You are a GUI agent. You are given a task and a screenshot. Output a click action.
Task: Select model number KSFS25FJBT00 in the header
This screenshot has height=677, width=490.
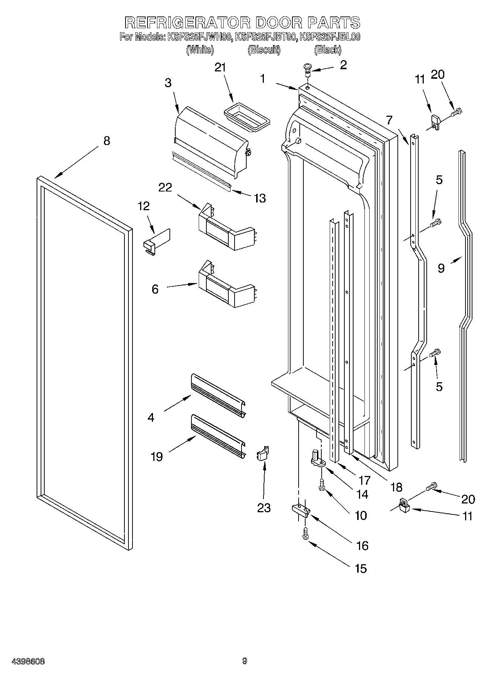(265, 37)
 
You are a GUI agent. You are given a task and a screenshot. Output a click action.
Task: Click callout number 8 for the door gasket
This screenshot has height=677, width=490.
(106, 141)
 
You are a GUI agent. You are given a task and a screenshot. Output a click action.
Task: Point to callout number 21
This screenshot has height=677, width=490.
(220, 67)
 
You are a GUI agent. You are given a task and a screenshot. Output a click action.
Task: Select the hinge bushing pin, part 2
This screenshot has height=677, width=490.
(307, 70)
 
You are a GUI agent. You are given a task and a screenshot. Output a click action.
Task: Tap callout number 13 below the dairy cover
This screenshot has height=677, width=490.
(259, 198)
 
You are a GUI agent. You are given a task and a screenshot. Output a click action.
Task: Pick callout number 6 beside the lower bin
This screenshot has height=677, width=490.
(155, 289)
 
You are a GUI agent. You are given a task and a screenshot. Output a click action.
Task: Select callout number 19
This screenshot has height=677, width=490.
(157, 457)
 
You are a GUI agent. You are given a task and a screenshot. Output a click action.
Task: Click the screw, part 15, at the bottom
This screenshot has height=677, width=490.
(304, 535)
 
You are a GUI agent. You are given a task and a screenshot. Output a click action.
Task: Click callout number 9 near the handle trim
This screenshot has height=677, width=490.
(441, 268)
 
